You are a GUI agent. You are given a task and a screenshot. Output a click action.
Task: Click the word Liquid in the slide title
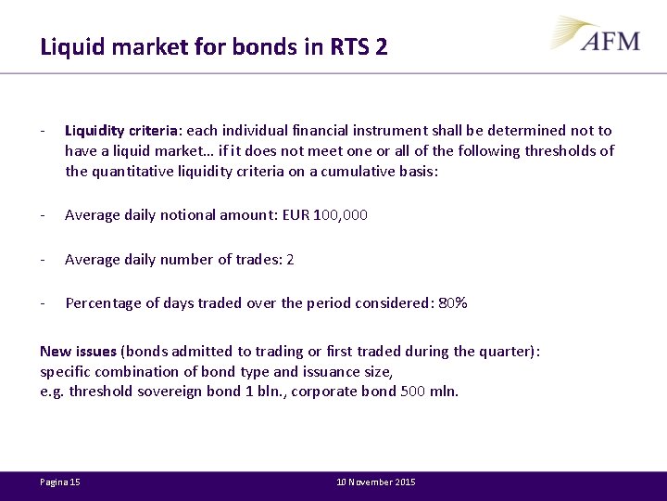(x=69, y=46)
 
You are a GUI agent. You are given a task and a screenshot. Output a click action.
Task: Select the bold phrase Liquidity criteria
(x=122, y=131)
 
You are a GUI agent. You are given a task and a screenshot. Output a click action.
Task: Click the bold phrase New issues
(x=78, y=351)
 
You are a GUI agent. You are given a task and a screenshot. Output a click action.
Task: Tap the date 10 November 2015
(x=376, y=482)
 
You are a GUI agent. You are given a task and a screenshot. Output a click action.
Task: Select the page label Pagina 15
(x=60, y=482)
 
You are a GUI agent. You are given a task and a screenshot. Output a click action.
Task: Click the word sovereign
(x=170, y=392)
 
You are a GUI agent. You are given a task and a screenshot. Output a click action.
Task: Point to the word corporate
(x=325, y=392)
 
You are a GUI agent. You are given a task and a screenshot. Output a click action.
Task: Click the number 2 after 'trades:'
(x=290, y=260)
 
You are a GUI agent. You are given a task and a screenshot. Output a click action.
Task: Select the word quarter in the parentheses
(x=508, y=351)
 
